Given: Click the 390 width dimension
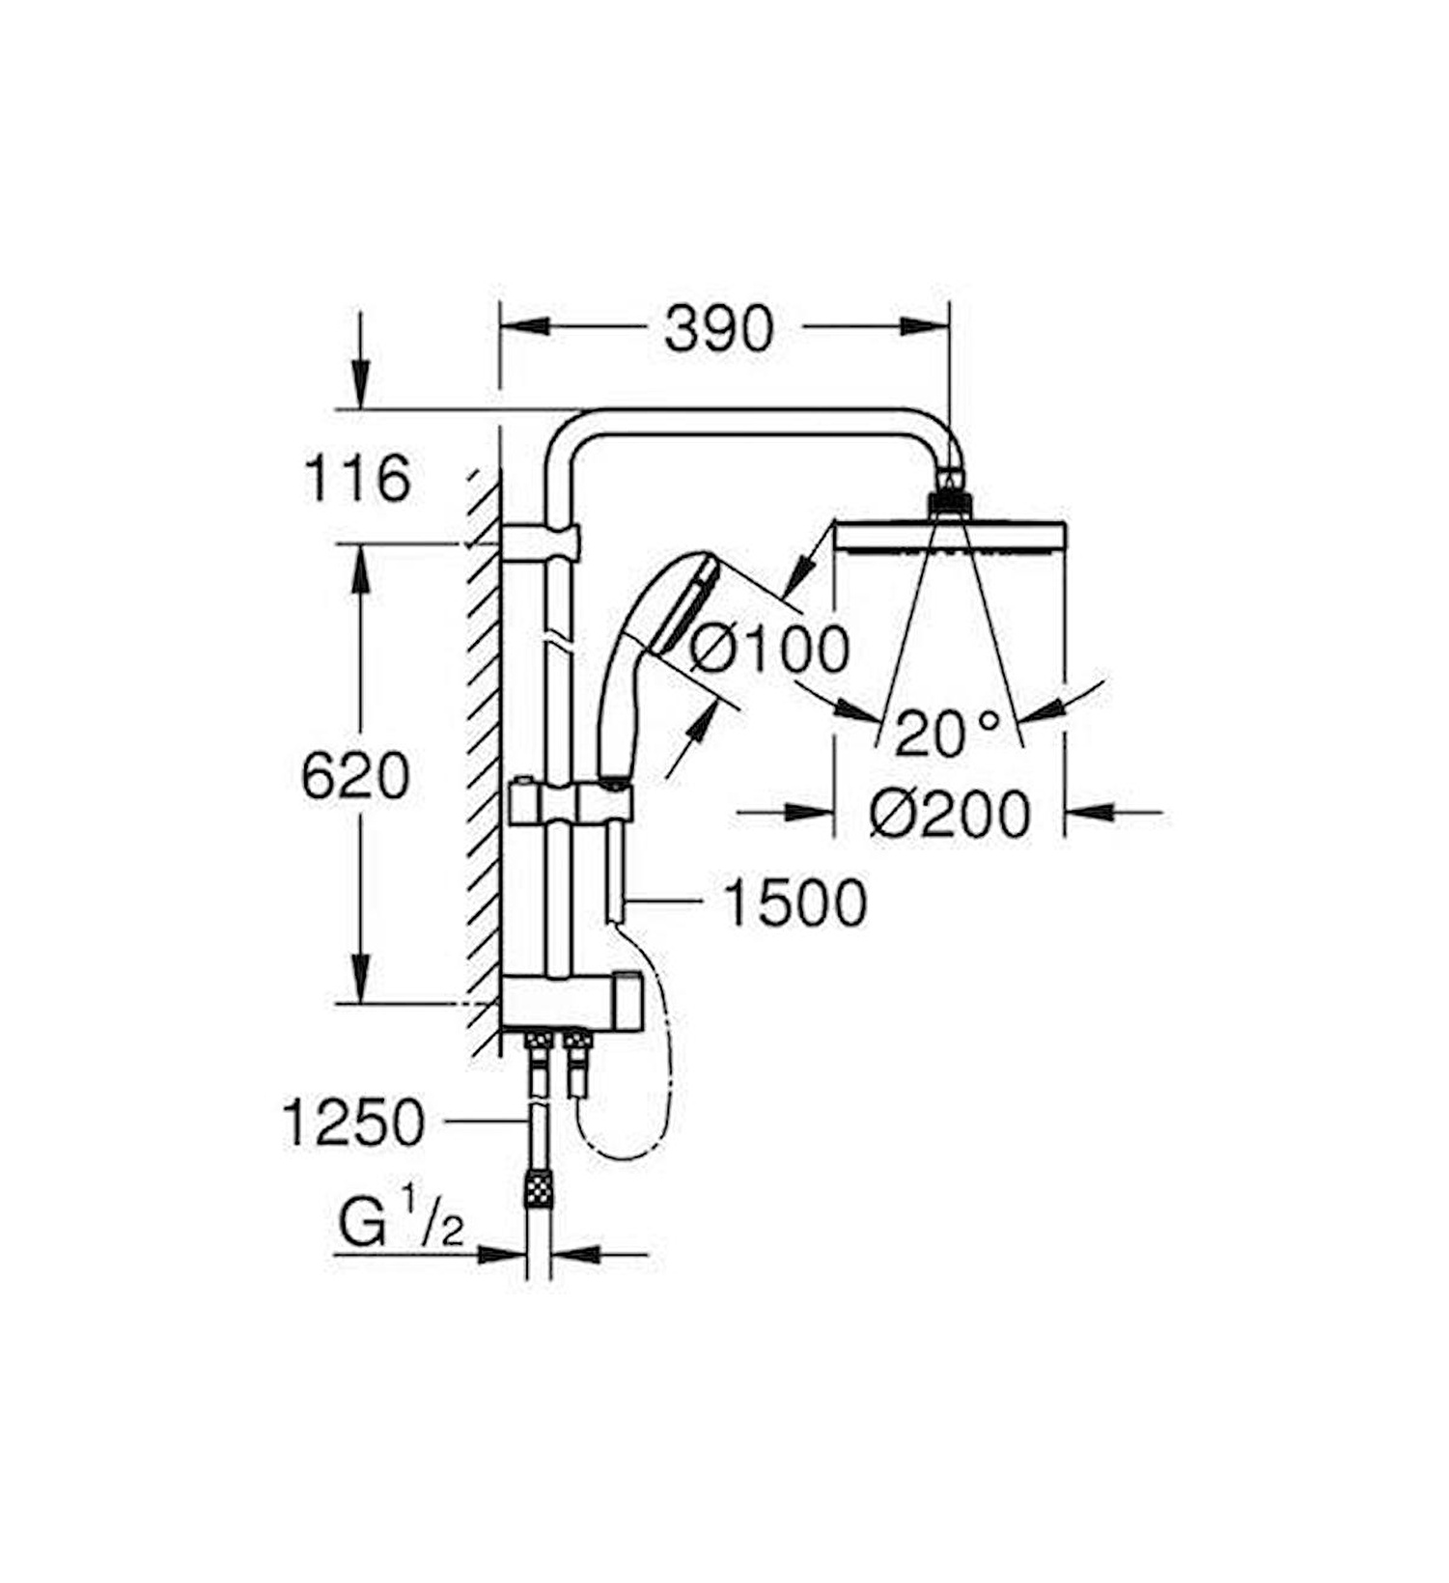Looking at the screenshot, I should (718, 329).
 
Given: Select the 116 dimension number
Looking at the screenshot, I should (357, 479).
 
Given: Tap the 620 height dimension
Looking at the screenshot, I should (355, 776).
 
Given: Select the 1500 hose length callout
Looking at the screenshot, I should (794, 903).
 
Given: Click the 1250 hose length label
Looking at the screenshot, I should (353, 1122).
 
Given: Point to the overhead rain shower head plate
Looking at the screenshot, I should (950, 537).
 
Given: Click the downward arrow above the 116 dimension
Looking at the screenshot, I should (360, 381).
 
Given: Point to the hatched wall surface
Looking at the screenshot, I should (484, 772).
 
